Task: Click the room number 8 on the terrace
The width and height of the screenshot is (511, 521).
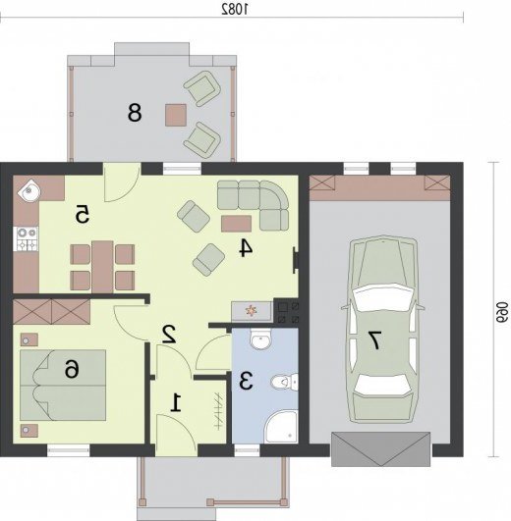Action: (x=135, y=112)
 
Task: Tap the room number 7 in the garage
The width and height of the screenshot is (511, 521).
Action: (x=373, y=340)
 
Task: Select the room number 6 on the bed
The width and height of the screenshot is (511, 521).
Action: (x=72, y=369)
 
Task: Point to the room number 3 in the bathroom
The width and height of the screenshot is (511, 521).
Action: (x=246, y=381)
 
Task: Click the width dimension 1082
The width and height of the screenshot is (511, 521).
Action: (x=235, y=10)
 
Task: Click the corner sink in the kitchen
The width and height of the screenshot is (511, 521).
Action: (x=28, y=190)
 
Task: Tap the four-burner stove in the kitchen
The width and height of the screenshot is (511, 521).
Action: (x=28, y=238)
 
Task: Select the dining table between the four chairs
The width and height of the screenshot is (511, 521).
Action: (x=102, y=267)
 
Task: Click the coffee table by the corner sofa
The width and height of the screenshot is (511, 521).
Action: (x=236, y=224)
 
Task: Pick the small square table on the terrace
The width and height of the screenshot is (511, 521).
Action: (x=176, y=115)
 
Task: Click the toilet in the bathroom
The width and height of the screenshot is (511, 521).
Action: (x=284, y=382)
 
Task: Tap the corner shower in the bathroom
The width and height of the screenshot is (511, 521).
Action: (x=281, y=427)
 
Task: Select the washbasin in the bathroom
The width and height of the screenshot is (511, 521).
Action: (x=260, y=339)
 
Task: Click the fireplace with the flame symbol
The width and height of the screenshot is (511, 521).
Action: (x=252, y=311)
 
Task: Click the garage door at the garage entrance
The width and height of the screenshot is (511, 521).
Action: (x=380, y=449)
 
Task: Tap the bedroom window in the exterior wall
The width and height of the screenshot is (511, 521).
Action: (x=68, y=451)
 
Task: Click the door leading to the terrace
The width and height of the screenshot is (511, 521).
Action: (x=122, y=182)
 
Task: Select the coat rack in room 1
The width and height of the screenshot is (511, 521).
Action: (x=218, y=411)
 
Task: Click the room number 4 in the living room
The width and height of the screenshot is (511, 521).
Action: (x=247, y=248)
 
